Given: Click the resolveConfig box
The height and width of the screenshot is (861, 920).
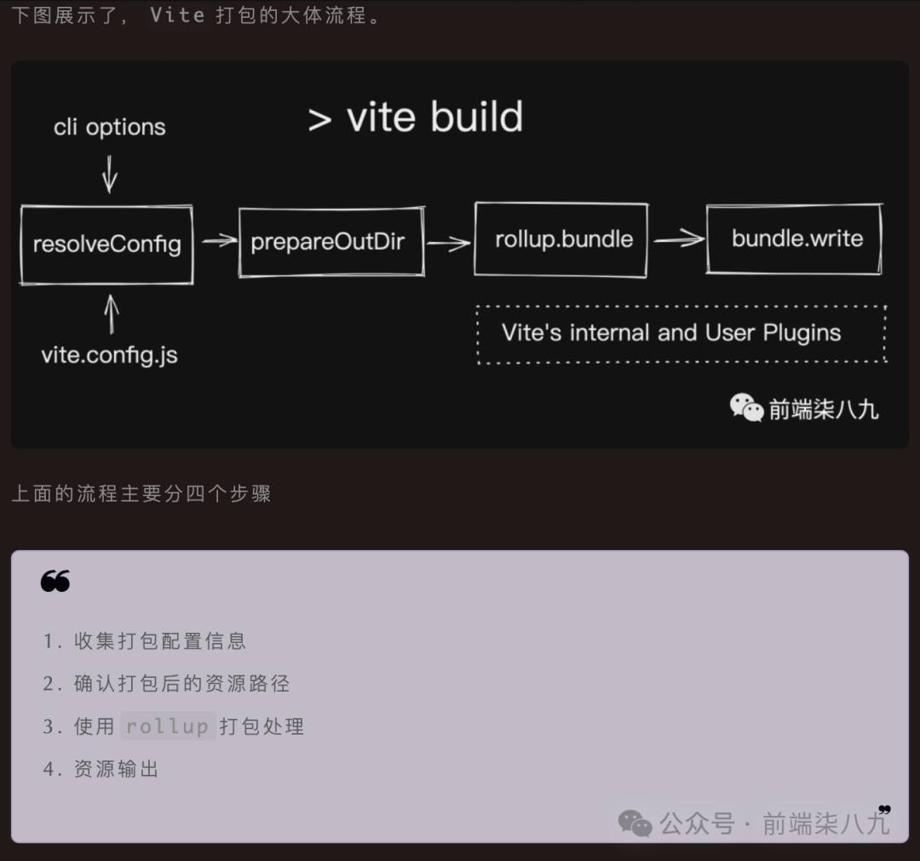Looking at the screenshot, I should coord(106,244).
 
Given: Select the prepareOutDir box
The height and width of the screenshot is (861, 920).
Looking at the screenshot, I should coord(331,241).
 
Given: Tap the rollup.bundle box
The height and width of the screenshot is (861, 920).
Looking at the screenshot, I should coord(561,239).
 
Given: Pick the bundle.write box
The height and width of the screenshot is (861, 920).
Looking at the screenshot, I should coord(795,238).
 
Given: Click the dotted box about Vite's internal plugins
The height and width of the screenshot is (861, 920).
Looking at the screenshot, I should coord(681,334).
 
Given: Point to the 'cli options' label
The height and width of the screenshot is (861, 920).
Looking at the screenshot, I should coord(110,128).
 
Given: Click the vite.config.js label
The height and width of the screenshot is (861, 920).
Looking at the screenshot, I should coord(110,353).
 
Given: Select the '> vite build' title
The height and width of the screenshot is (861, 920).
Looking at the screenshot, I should coord(416,118).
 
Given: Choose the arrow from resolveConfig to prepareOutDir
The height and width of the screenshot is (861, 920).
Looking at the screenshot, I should coord(218,241).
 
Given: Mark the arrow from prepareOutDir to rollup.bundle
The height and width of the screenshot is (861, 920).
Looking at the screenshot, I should coord(449,244).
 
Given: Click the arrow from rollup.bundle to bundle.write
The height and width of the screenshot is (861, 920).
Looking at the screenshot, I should coord(678,239).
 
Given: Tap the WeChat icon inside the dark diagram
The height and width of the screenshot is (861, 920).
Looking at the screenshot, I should coord(746,407).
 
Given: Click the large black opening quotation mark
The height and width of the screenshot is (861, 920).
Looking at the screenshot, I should coord(55,582).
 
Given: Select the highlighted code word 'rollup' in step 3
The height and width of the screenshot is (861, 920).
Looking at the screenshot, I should coord(168,726).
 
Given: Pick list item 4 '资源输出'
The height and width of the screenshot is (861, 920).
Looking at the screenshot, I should coord(117,769).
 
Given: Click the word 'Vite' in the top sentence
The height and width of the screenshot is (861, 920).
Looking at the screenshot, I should coord(177,15).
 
